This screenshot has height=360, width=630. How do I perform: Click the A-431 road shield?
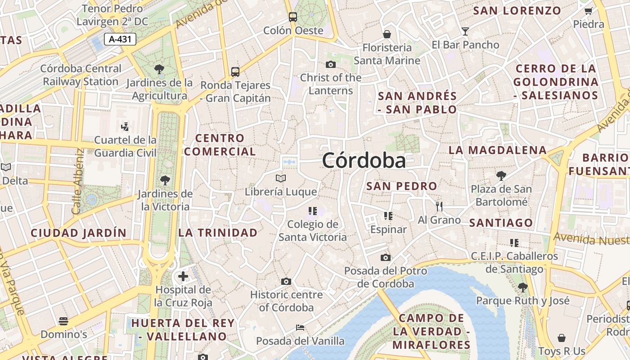[x=120, y=39]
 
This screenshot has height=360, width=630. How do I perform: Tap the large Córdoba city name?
[x=364, y=161]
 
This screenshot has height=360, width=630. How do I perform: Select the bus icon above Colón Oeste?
[x=293, y=17]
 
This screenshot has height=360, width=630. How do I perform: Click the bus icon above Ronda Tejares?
[x=235, y=72]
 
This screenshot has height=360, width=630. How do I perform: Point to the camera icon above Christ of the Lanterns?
[x=331, y=64]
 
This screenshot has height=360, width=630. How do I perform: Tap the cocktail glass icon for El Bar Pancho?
[x=465, y=31]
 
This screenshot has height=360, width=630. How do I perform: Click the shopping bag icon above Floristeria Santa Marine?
[x=387, y=34]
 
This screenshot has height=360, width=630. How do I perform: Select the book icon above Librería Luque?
[x=281, y=179]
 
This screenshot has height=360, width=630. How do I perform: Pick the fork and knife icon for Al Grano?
[x=439, y=207]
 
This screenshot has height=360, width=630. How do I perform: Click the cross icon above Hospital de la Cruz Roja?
[x=183, y=276]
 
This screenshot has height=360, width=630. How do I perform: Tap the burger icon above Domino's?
[x=63, y=321]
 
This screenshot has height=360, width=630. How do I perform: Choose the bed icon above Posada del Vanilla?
[x=300, y=328]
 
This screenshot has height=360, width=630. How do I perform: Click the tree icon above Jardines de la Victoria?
[x=165, y=180]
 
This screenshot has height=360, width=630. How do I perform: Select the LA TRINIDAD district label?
[x=218, y=233]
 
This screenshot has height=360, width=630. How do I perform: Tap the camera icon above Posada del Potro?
[x=386, y=258]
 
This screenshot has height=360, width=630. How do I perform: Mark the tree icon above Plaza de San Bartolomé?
[x=501, y=175]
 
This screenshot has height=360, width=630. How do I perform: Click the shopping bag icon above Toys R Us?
[x=562, y=338]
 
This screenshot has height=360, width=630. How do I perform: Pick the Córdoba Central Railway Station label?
[x=81, y=75]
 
